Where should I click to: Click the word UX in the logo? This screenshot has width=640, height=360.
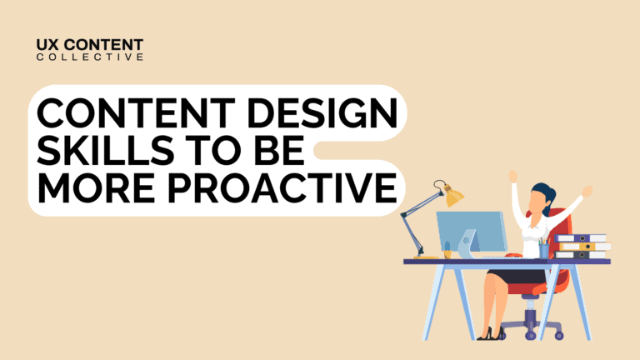(49, 43)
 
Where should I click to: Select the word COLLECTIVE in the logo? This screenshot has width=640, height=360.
(90, 57)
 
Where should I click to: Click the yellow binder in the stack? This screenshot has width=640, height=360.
(582, 247)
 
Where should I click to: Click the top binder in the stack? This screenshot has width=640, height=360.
(582, 238)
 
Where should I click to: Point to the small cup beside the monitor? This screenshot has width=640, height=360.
(447, 251)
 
